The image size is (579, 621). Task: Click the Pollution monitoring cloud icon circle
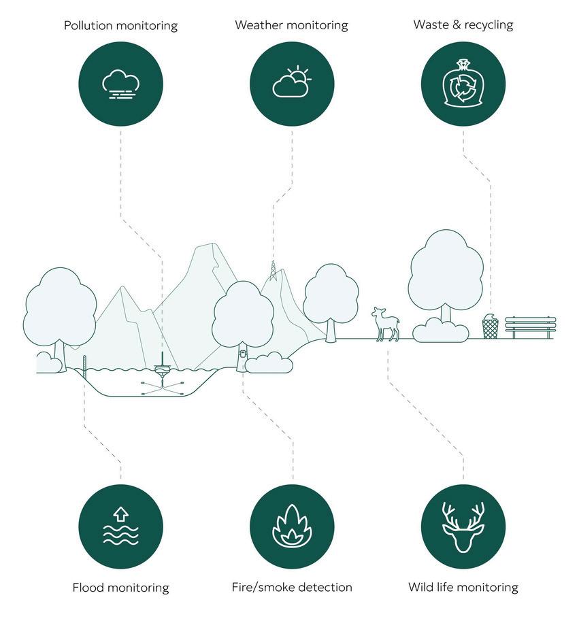click(120, 84)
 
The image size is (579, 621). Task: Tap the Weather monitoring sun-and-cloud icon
click(292, 84)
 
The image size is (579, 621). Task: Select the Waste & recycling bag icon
click(463, 84)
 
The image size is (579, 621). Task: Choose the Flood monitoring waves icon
click(120, 526)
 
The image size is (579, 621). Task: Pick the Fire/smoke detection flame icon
click(292, 526)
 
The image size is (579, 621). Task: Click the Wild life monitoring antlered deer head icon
click(463, 526)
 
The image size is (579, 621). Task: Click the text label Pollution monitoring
click(120, 26)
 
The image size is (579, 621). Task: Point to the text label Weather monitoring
click(291, 25)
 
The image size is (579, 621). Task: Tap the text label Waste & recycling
click(463, 25)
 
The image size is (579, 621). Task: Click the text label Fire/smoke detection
click(292, 587)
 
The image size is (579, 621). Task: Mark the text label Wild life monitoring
click(463, 587)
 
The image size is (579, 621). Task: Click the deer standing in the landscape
click(386, 324)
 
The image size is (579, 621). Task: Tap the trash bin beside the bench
click(490, 327)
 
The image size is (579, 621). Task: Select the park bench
click(531, 327)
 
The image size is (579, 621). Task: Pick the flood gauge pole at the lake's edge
click(84, 367)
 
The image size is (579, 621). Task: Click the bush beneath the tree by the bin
click(441, 331)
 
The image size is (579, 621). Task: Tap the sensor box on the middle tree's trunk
click(243, 354)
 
